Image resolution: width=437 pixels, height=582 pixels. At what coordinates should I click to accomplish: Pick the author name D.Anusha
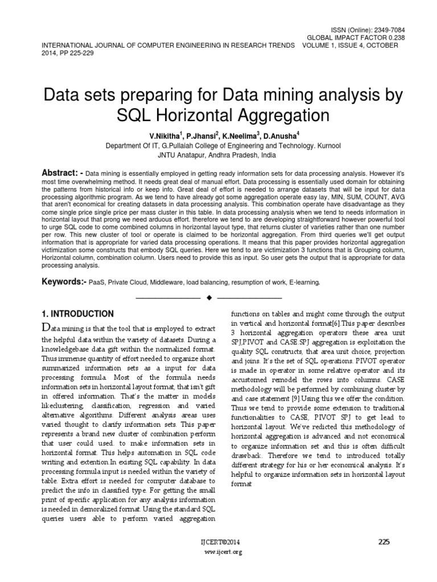pyautogui.click(x=266, y=136)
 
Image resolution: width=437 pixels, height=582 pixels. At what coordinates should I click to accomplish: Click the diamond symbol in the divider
pyautogui.click(x=209, y=297)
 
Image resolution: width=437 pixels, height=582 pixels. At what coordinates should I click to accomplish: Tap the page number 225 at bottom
pyautogui.click(x=384, y=542)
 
